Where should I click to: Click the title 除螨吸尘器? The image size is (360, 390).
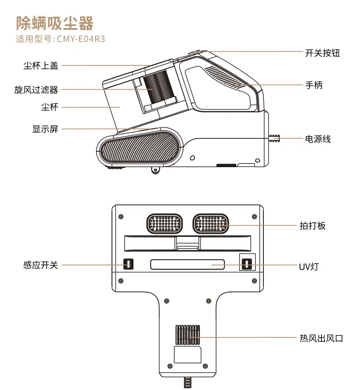(x=54, y=23)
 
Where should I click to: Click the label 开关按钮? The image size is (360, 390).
(x=322, y=53)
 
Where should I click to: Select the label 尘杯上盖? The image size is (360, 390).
(x=41, y=66)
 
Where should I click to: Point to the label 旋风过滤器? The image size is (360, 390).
(x=36, y=90)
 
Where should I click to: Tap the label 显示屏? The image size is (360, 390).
(x=45, y=129)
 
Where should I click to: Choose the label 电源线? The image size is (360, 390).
(x=318, y=139)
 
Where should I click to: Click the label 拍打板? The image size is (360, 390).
(x=312, y=226)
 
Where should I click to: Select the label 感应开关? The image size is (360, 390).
(x=40, y=265)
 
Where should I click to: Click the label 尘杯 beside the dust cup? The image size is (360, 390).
(x=50, y=107)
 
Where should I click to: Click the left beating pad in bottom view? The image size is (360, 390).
(x=164, y=224)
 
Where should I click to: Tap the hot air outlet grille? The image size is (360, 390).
(x=187, y=335)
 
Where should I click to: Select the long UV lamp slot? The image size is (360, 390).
(x=187, y=265)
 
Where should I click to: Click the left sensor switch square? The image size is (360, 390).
(x=128, y=264)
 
